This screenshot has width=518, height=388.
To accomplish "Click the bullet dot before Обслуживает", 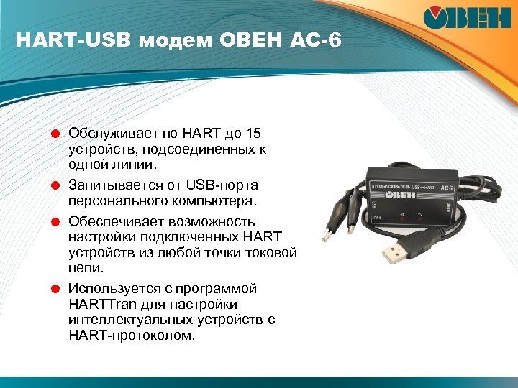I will (55, 134).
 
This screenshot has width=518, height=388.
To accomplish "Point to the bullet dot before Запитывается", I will (55, 185).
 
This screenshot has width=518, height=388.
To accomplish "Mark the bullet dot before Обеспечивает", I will (55, 221).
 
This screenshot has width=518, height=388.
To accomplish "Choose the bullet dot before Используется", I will (55, 289).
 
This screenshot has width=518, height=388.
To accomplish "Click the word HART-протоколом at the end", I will (131, 336).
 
